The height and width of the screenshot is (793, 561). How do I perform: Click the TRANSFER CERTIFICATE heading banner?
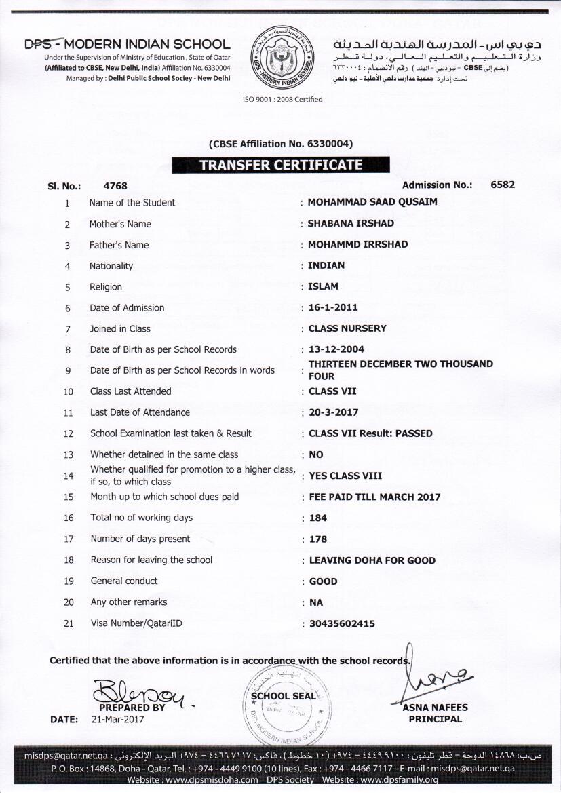pyautogui.click(x=280, y=165)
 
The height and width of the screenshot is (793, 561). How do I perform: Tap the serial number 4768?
pyautogui.click(x=115, y=185)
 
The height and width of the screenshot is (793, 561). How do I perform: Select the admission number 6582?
pyautogui.click(x=503, y=185)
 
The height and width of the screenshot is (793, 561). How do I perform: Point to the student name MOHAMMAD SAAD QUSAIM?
pyautogui.click(x=372, y=202)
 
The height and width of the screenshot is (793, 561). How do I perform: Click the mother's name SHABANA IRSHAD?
pyautogui.click(x=351, y=223)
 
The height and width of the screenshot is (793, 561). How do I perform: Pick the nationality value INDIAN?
pyautogui.click(x=326, y=265)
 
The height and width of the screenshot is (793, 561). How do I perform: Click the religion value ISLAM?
pyautogui.click(x=323, y=286)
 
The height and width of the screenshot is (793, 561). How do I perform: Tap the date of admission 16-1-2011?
pyautogui.click(x=333, y=307)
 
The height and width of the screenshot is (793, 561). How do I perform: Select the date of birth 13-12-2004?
pyautogui.click(x=336, y=349)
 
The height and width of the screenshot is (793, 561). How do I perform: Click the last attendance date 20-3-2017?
pyautogui.click(x=334, y=412)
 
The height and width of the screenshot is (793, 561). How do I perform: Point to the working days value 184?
pyautogui.click(x=317, y=518)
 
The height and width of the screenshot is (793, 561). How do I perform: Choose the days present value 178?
pyautogui.click(x=317, y=539)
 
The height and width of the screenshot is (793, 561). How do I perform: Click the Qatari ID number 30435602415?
pyautogui.click(x=342, y=623)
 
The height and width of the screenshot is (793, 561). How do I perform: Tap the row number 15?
pyautogui.click(x=68, y=497)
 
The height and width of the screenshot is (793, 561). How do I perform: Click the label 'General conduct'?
pyautogui.click(x=124, y=581)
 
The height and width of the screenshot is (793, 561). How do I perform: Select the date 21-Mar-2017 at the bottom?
pyautogui.click(x=118, y=720)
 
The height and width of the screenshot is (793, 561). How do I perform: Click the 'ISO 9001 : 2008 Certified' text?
pyautogui.click(x=282, y=99)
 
